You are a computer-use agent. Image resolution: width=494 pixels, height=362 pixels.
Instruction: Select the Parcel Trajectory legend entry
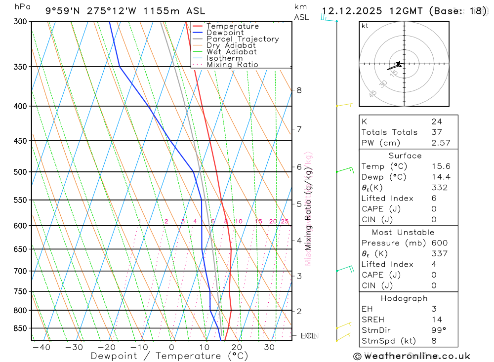tap(242, 39)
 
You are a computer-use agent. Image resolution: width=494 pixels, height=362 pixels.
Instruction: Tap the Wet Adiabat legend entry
tap(231, 52)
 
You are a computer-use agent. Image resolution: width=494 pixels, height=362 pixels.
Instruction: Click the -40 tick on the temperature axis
tap(41, 347)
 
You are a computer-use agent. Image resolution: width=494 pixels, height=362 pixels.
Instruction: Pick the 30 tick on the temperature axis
tap(269, 347)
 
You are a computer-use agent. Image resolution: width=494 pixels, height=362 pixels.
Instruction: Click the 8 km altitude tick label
tap(299, 90)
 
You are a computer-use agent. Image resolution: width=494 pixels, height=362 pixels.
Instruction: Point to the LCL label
tap(308, 336)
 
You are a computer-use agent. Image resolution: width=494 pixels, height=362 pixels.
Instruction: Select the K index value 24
tap(436, 121)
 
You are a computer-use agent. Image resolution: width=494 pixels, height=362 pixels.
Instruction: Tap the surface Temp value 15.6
tap(440, 166)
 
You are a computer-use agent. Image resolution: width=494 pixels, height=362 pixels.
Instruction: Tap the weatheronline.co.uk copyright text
tap(412, 356)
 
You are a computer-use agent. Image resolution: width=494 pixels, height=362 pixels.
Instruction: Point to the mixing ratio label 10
tap(238, 221)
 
